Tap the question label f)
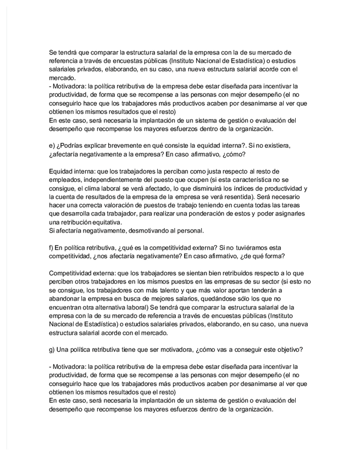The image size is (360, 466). point(52,248)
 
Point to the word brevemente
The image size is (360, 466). point(125,145)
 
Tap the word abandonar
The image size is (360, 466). point(64,299)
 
